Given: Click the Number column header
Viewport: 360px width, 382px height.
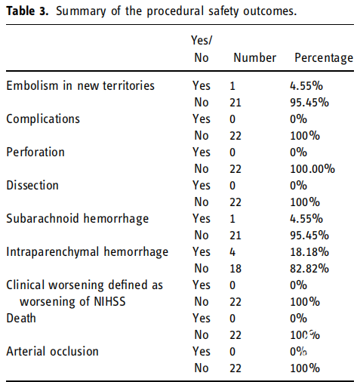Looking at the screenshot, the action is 254,58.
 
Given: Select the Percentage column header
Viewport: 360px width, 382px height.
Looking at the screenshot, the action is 324,58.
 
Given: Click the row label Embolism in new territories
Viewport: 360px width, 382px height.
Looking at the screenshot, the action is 80,85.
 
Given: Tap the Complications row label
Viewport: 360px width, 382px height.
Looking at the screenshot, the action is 43,119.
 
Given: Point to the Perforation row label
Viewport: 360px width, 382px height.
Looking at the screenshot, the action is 35,152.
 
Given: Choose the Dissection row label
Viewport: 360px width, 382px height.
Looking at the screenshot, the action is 32,185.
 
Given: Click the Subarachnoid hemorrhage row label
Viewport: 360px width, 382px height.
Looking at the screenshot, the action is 78,219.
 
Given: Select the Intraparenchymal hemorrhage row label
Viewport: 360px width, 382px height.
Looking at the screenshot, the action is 88,252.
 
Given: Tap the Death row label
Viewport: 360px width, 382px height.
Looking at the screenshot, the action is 21,318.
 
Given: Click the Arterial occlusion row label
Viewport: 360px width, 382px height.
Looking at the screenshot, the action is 52,351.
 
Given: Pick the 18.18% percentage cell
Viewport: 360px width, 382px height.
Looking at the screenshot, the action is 309,252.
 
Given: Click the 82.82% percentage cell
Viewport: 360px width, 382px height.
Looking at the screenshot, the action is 309,269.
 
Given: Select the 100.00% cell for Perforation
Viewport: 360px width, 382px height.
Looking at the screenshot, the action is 312,169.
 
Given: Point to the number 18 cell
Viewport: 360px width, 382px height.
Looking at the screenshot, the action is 235,269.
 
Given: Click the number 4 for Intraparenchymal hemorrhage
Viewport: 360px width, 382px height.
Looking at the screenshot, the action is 232,252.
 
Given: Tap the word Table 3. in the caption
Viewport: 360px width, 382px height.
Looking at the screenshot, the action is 27,11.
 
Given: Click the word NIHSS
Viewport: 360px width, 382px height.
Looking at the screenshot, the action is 109,301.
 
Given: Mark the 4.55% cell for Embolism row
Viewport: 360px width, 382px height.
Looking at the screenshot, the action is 306,86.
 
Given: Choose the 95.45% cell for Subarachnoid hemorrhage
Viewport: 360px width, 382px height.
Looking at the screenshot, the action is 309,236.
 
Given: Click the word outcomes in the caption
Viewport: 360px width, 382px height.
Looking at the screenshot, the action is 270,11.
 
